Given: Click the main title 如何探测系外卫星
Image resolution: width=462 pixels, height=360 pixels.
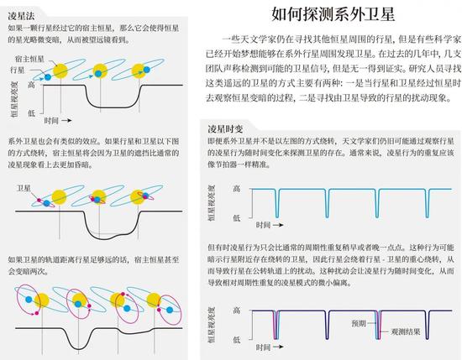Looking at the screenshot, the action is pyautogui.click(x=333, y=13).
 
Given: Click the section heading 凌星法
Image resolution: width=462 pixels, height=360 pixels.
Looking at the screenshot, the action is pyautogui.click(x=21, y=16).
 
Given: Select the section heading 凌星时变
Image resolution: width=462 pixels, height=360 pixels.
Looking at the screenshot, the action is pyautogui.click(x=225, y=129).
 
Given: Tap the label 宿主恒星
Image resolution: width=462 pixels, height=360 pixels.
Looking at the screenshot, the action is pyautogui.click(x=29, y=59).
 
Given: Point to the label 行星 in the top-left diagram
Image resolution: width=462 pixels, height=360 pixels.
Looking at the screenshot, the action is pyautogui.click(x=17, y=70).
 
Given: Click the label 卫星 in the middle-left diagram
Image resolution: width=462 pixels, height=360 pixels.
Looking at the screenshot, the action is pyautogui.click(x=24, y=188).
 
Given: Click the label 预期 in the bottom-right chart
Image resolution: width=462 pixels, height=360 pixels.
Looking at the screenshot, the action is pyautogui.click(x=359, y=323).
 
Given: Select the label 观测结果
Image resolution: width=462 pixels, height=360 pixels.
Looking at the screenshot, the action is pyautogui.click(x=406, y=331).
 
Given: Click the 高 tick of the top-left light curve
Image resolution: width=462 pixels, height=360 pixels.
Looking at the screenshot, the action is pyautogui.click(x=32, y=85).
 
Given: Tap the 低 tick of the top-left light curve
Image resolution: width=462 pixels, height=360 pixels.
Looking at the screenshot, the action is pyautogui.click(x=32, y=113).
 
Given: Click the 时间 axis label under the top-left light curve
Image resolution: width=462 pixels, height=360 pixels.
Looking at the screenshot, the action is pyautogui.click(x=51, y=120).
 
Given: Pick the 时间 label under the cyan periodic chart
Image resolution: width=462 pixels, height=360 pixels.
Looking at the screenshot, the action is pyautogui.click(x=263, y=225).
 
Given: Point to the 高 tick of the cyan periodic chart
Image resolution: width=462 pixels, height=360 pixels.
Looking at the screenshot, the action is pyautogui.click(x=237, y=188).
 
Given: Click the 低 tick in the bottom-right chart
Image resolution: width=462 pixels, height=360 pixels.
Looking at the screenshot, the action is pyautogui.click(x=237, y=340).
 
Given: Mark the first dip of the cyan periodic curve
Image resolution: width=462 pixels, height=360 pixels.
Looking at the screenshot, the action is pyautogui.click(x=276, y=203).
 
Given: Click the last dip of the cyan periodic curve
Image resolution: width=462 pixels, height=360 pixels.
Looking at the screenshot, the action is pyautogui.click(x=428, y=203).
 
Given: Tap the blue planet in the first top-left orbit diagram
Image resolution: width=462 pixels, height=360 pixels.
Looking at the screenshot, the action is pyautogui.click(x=48, y=77).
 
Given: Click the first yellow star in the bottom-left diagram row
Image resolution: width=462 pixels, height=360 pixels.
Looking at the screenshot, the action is pyautogui.click(x=41, y=300).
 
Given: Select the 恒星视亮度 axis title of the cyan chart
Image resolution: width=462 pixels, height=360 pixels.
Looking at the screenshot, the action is pyautogui.click(x=212, y=202).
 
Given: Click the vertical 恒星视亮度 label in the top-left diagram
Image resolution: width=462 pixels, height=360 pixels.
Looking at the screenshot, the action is pyautogui.click(x=14, y=99).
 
